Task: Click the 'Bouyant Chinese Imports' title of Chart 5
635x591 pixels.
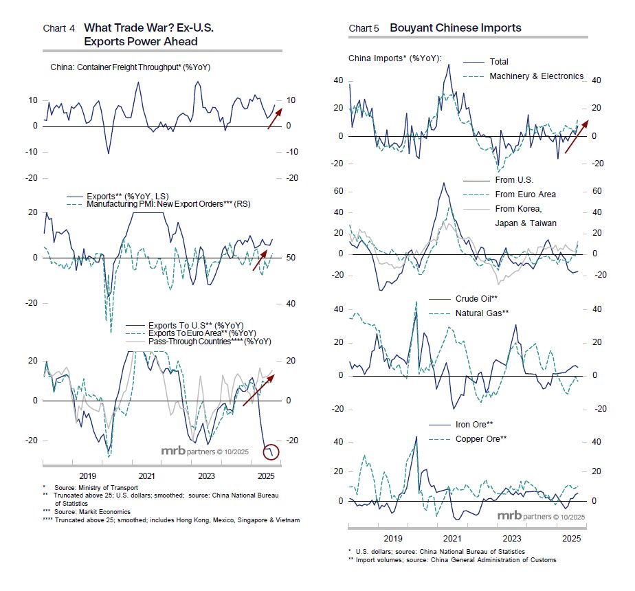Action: pyautogui.click(x=455, y=28)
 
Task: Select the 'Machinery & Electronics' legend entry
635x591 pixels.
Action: pyautogui.click(x=536, y=76)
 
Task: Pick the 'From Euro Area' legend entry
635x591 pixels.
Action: pyautogui.click(x=525, y=194)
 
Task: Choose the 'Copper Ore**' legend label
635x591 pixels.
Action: pyautogui.click(x=481, y=438)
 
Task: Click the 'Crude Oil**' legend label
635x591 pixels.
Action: pyautogui.click(x=476, y=299)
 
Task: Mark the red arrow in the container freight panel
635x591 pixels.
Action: pyautogui.click(x=273, y=118)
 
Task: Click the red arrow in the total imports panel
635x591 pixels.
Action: pyautogui.click(x=576, y=131)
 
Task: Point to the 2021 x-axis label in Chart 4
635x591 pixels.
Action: pyautogui.click(x=146, y=476)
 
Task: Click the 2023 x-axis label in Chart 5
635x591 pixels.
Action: pyautogui.click(x=511, y=539)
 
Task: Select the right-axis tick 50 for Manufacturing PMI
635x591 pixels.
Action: pyautogui.click(x=291, y=258)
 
